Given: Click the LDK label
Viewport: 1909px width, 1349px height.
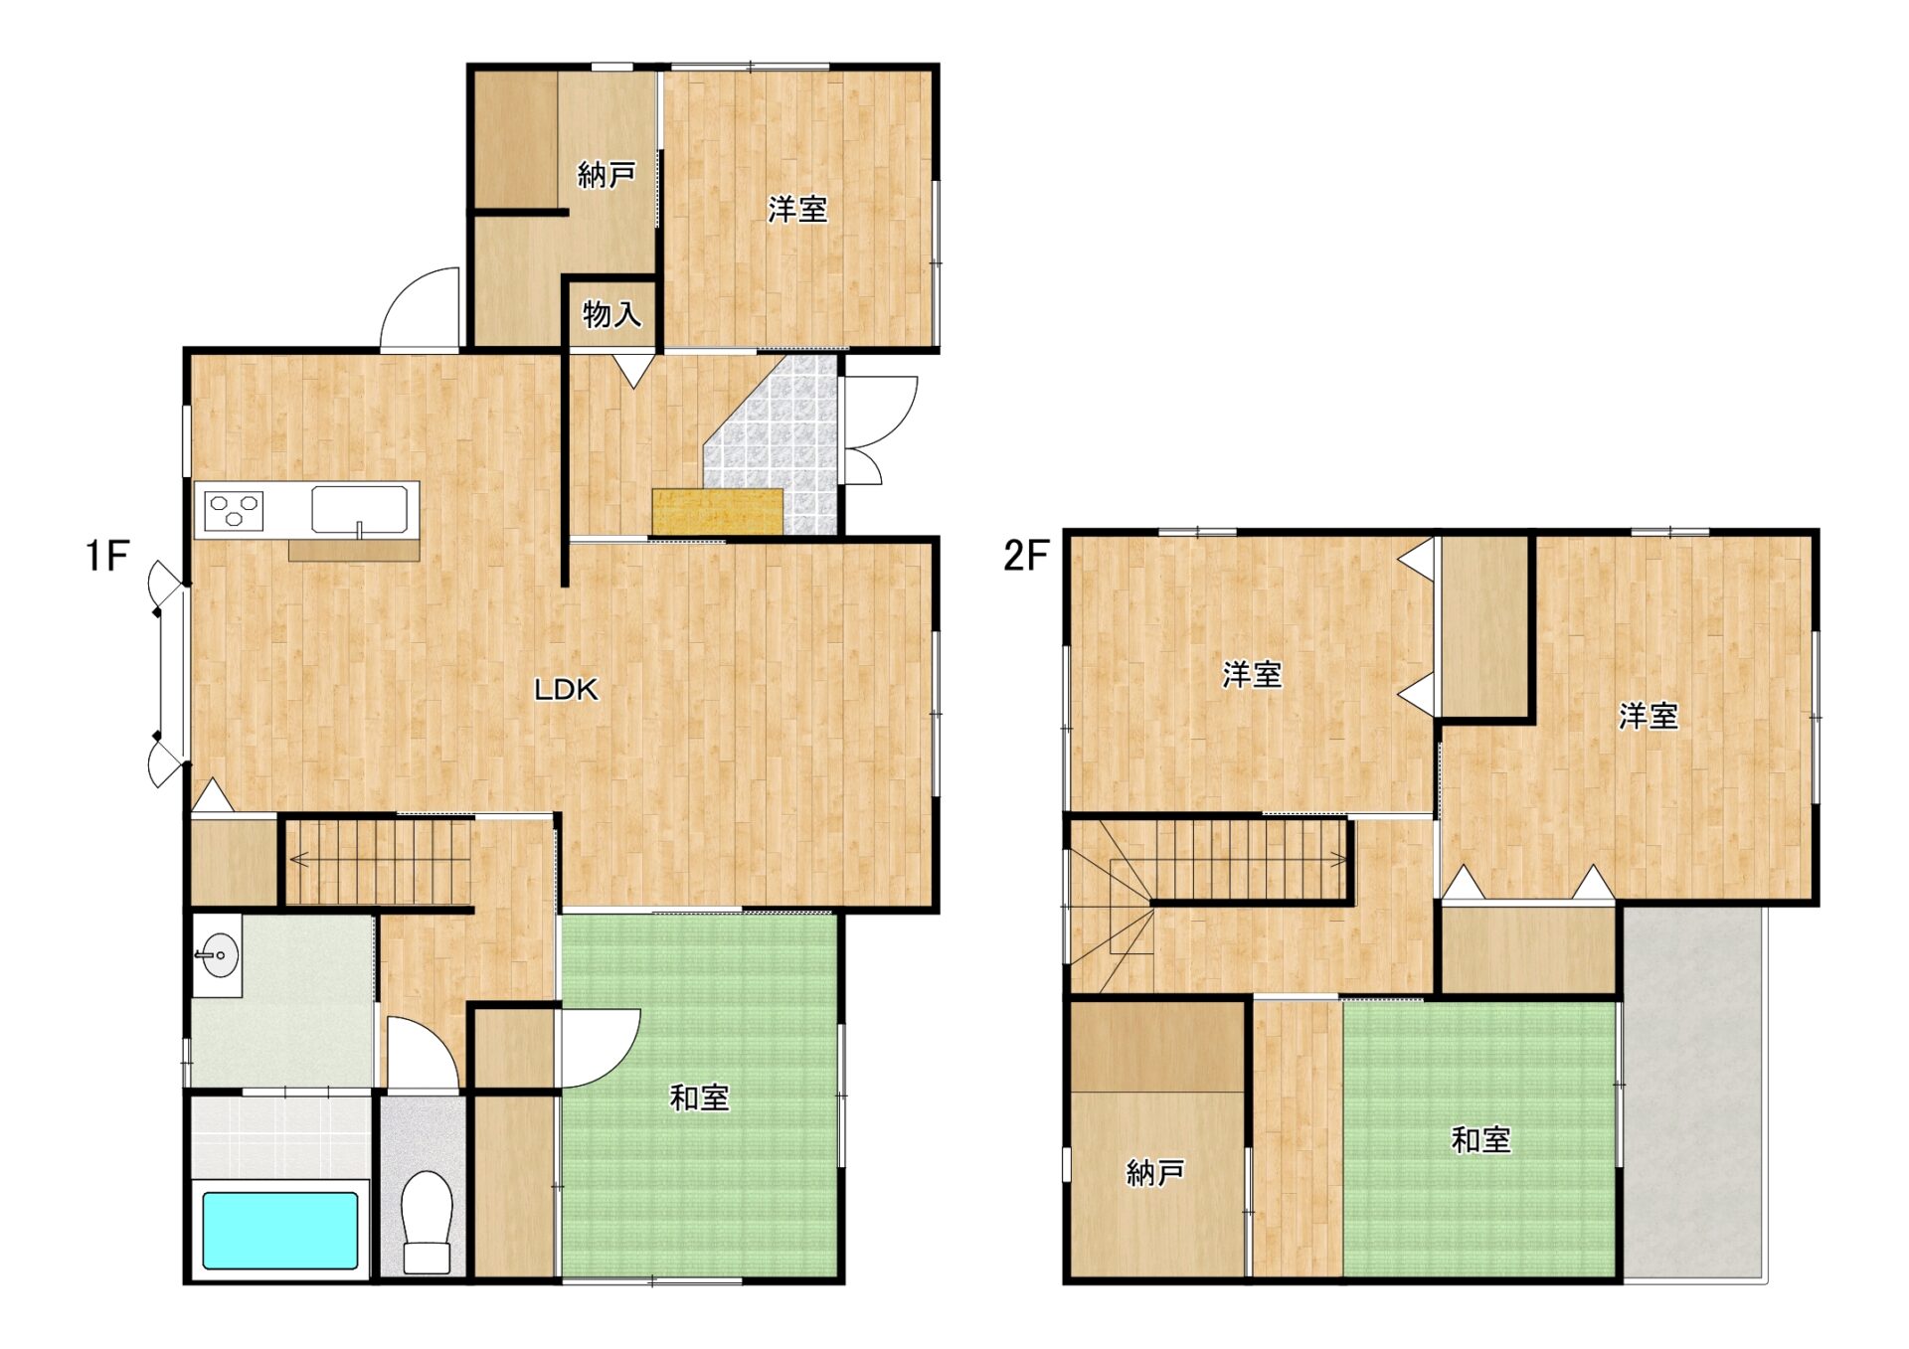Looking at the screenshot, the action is point(566,689).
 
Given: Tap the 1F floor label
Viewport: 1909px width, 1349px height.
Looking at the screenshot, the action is point(107,556).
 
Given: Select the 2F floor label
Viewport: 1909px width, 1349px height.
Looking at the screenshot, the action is point(1026,556).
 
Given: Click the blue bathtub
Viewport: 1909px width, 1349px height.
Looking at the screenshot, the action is point(280,1230).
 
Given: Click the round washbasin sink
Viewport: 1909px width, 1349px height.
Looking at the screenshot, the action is point(218,955).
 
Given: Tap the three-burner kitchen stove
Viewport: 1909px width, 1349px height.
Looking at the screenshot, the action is point(234,511).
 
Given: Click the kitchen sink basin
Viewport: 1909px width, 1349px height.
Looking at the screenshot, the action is point(359,510).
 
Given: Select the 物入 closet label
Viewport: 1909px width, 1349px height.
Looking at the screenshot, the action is point(611,314).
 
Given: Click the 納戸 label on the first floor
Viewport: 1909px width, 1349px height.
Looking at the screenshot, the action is point(607,175).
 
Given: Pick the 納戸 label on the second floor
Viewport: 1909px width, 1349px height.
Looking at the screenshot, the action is point(1155,1173).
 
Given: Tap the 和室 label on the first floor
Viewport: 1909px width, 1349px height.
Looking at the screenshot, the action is point(700,1097).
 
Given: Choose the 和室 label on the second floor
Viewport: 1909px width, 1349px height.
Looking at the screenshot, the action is point(1481,1139).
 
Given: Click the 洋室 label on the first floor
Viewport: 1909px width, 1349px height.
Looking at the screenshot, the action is point(797,209).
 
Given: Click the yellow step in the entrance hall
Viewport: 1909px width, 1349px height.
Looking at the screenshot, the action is point(717,512).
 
